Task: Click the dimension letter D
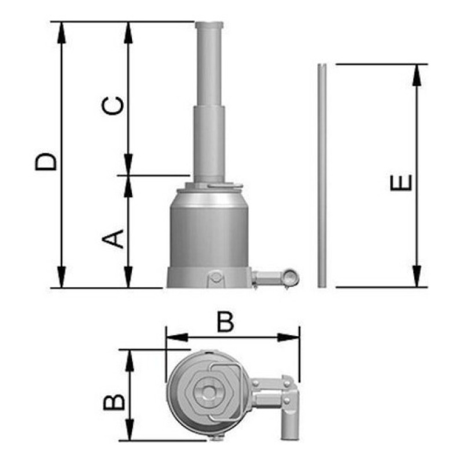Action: point(46,161)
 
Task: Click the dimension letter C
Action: point(112,106)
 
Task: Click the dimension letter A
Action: point(113,239)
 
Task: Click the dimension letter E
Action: point(401,183)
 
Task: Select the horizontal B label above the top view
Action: point(225,322)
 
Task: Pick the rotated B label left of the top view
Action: point(114,402)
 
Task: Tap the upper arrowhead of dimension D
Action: point(61,32)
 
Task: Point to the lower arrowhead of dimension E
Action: point(417,276)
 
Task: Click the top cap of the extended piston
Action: point(209,25)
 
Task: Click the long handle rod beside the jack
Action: point(322,175)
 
